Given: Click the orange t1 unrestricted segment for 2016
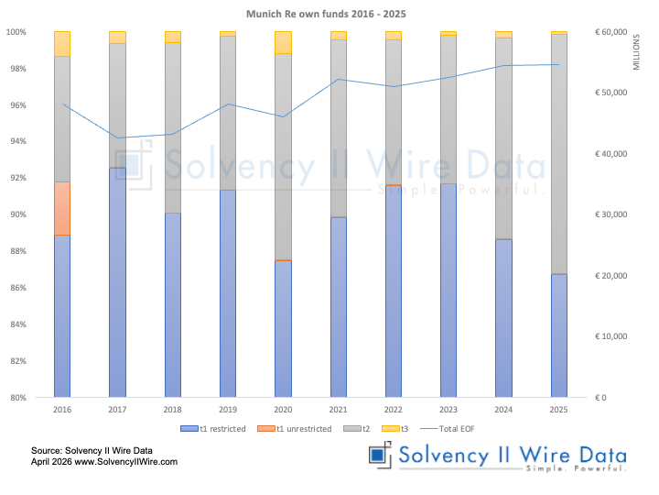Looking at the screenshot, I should (62, 208).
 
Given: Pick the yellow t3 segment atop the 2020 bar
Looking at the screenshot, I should (283, 42).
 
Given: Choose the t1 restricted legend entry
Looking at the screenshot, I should (212, 428).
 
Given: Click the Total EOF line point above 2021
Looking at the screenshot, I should (338, 80).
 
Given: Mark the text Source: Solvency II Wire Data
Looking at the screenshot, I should (91, 450).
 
